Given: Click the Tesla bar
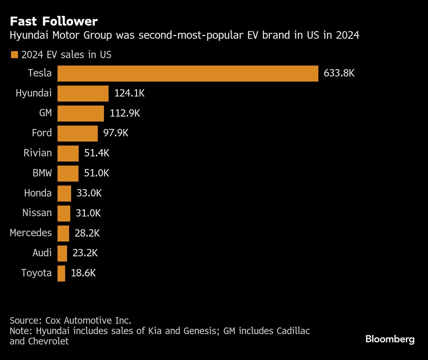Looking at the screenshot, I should click(x=187, y=73).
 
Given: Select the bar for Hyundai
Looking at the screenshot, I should click(x=83, y=93).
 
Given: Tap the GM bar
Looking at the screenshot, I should click(x=80, y=114).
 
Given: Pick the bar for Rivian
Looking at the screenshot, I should click(x=68, y=153).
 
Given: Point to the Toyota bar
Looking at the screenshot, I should click(x=61, y=273).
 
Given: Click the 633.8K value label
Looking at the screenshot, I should click(x=339, y=73).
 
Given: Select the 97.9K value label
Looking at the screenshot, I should click(x=116, y=133).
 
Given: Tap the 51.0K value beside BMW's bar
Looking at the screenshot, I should click(x=97, y=173).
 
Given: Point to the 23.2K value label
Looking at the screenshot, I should click(x=86, y=253).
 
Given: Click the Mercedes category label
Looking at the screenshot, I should click(x=31, y=233).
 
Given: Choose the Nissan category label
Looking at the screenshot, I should click(x=37, y=213).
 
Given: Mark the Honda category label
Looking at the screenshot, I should click(x=38, y=193).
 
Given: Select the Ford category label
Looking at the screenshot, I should click(x=42, y=133).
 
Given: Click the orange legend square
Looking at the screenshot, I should click(x=14, y=55).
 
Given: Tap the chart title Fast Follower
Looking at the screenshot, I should click(x=54, y=21).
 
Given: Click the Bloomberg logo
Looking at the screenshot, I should click(x=390, y=339).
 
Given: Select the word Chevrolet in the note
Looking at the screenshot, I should click(x=48, y=342).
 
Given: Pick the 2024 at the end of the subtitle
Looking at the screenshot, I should click(x=347, y=36).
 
